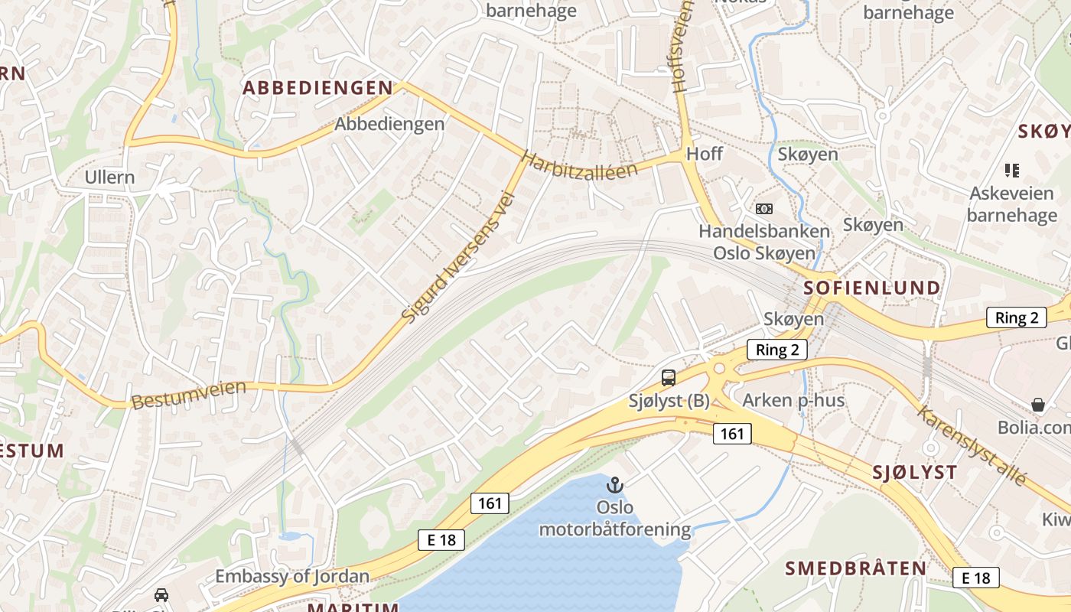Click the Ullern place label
coord(109,177)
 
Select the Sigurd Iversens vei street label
coord(458,258)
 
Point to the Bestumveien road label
coord(189,394)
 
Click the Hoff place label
coord(704,153)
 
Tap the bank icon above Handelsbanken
coord(763,209)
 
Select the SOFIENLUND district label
coord(872,288)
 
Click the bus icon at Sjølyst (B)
coord(669,377)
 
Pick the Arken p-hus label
coord(794,400)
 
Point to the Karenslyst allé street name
coord(971,446)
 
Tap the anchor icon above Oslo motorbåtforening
coord(615,485)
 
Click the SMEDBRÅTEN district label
coord(856,568)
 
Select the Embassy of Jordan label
coord(292,577)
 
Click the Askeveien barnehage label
coord(1011,204)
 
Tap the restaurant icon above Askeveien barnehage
coord(1012,170)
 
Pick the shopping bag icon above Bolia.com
coord(1038,404)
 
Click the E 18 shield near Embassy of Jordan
coord(442,540)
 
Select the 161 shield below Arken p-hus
coord(732,434)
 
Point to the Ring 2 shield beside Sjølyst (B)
coord(777,350)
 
